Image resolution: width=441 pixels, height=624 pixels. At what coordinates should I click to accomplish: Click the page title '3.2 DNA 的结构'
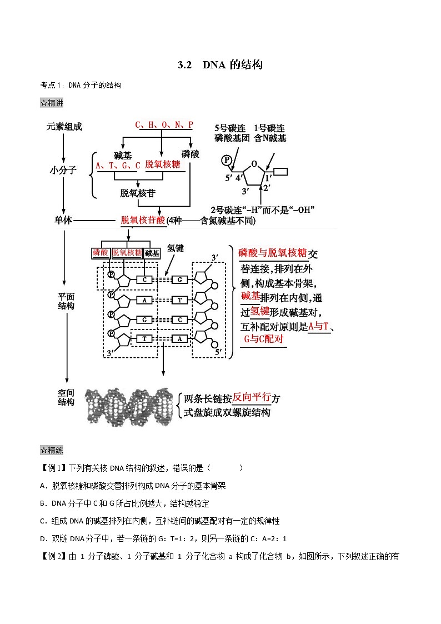220,64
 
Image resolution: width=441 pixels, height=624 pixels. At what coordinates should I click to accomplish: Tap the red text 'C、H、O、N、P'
164,125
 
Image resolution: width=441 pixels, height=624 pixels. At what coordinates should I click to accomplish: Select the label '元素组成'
64,127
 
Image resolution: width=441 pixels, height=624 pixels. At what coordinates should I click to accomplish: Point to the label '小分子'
63,170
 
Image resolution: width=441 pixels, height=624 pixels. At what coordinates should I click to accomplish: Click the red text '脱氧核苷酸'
143,220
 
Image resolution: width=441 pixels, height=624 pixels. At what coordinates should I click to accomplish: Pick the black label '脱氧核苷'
138,193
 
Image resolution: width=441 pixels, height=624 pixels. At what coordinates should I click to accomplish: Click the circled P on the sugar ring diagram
226,160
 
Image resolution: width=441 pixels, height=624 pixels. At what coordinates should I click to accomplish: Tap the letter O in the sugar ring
254,163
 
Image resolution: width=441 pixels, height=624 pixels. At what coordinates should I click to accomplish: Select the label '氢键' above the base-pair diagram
176,248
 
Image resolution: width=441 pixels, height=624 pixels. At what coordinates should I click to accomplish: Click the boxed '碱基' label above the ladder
152,253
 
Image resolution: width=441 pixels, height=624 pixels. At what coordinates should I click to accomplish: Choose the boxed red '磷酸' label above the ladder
101,253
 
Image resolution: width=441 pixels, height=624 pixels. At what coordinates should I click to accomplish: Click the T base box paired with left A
180,300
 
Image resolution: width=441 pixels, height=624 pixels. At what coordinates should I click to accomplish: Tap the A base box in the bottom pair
180,338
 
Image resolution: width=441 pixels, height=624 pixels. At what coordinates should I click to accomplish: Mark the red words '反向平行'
252,397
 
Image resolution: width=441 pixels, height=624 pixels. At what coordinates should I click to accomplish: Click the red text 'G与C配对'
264,339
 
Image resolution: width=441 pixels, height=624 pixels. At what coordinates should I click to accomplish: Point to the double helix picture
129,407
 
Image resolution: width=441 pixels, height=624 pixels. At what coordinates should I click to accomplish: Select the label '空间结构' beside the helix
66,397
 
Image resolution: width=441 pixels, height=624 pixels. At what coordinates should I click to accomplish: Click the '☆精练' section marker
52,450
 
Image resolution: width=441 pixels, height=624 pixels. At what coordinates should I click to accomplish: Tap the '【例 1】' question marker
53,468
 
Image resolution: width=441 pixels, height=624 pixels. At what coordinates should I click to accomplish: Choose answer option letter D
43,539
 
